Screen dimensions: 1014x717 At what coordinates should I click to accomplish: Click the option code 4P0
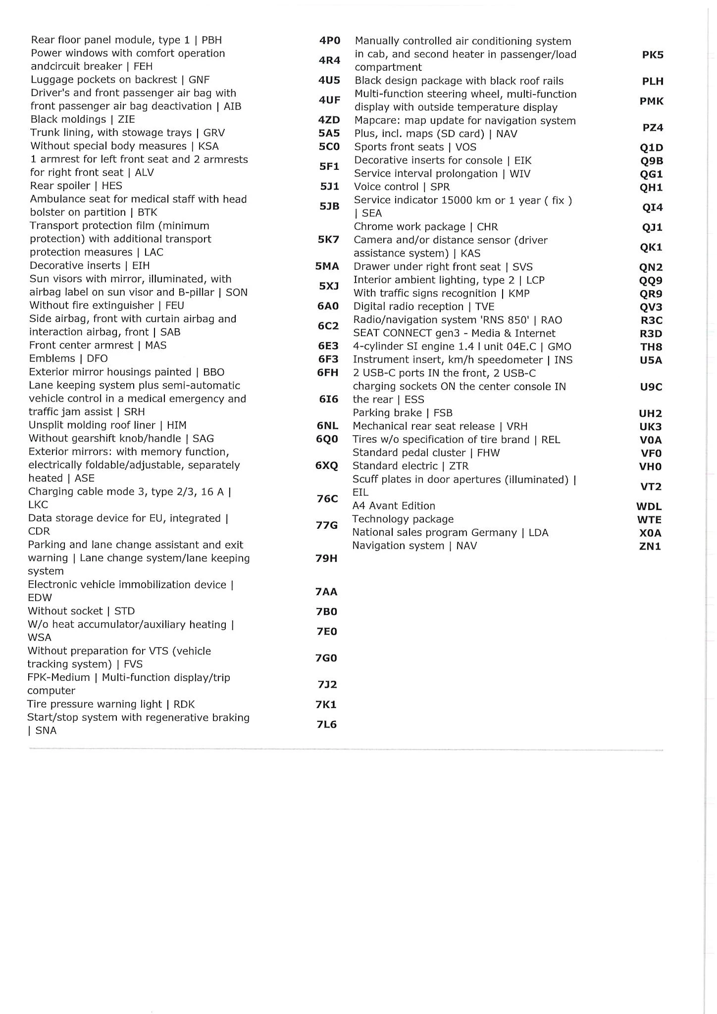[x=329, y=40]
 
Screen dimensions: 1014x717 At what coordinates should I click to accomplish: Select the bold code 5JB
[x=329, y=206]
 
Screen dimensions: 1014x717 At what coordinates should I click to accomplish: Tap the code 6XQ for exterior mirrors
[x=327, y=465]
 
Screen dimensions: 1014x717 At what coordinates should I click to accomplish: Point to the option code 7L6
[x=327, y=724]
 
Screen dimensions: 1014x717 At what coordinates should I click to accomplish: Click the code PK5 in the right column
[x=653, y=55]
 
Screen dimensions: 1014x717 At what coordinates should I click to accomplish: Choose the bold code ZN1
[x=650, y=547]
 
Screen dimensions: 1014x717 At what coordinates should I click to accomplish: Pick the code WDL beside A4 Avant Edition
[x=649, y=507]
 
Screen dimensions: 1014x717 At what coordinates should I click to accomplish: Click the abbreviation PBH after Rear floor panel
[x=211, y=40]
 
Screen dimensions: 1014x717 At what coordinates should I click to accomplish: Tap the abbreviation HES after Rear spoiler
[x=112, y=186]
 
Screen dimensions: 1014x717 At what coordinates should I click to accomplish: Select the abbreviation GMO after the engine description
[x=560, y=347]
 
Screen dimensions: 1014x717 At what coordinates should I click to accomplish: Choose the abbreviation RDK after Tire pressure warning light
[x=184, y=704]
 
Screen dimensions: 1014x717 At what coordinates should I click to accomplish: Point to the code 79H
[x=326, y=558]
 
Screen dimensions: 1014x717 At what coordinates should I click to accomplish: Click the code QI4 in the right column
[x=653, y=207]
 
